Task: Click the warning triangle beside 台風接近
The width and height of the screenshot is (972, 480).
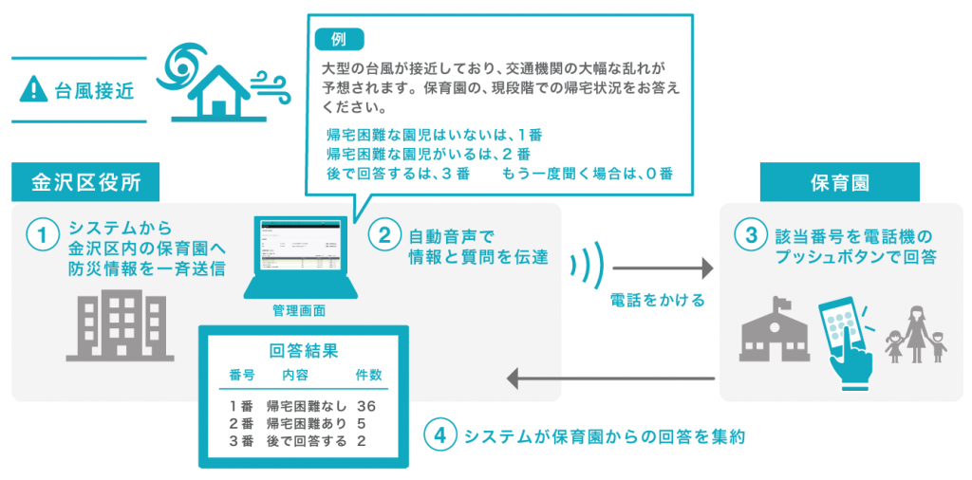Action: pyautogui.click(x=33, y=90)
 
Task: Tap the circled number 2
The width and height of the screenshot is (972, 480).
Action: pyautogui.click(x=385, y=235)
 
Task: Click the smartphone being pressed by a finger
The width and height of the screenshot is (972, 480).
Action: pyautogui.click(x=844, y=333)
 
